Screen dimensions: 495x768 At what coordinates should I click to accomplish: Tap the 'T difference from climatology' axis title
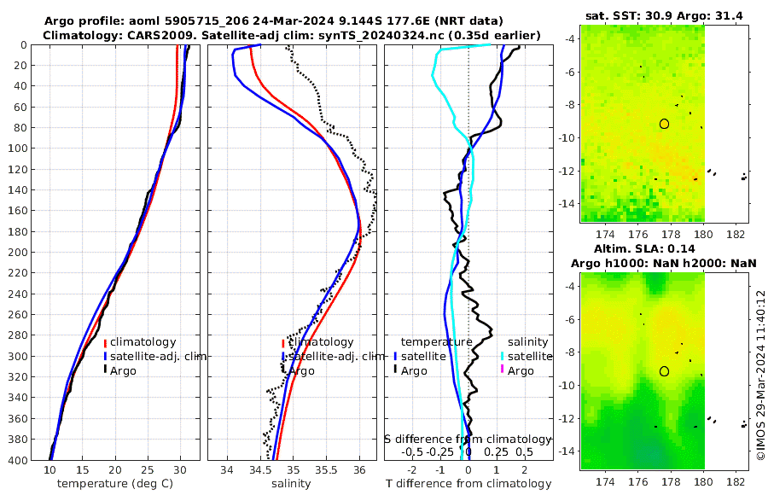pos(468,484)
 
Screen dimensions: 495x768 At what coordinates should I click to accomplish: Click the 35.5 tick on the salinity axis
pos(326,470)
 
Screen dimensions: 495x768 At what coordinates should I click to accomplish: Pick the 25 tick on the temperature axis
pos(148,470)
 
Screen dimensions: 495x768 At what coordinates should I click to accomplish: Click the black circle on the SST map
pos(664,124)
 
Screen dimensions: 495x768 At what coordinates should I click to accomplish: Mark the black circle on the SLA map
pos(664,371)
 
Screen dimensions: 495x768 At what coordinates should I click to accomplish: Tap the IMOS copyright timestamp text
pos(760,376)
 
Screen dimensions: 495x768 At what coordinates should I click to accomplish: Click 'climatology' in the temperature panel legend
pos(143,342)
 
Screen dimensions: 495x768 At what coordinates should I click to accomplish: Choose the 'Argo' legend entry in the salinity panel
pos(300,371)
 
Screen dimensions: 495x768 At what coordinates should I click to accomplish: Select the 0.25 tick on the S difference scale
pos(496,451)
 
